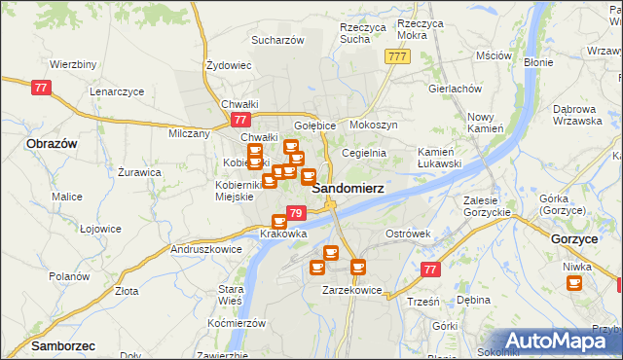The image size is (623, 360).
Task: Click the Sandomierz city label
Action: [x=347, y=187]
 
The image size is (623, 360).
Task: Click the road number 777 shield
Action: [x=396, y=56]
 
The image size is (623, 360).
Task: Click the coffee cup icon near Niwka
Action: [x=573, y=282]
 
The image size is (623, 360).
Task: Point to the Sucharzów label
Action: [x=278, y=41]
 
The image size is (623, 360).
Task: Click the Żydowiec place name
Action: [x=230, y=65]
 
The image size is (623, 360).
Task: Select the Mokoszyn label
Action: [x=374, y=126]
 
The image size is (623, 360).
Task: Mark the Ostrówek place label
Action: [x=408, y=234]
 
